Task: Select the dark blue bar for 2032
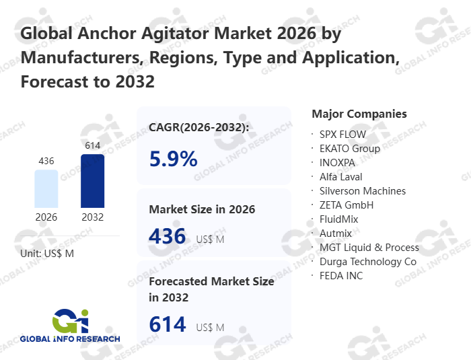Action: pyautogui.click(x=92, y=181)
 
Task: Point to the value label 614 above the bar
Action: pyautogui.click(x=92, y=145)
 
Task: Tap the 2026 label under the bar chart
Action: pyautogui.click(x=46, y=217)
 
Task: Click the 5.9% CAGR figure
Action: pyautogui.click(x=173, y=159)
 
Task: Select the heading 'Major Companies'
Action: pyautogui.click(x=359, y=114)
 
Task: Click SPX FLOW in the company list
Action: pyautogui.click(x=343, y=135)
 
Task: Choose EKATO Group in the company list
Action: pyautogui.click(x=350, y=149)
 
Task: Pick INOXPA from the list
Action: pyautogui.click(x=338, y=163)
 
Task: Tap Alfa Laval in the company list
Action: pyautogui.click(x=341, y=177)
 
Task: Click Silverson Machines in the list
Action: pyautogui.click(x=363, y=191)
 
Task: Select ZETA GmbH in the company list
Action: pyautogui.click(x=347, y=205)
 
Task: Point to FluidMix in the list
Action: pyautogui.click(x=339, y=219)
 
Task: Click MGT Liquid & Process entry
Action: pyautogui.click(x=369, y=248)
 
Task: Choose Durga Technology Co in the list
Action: pyautogui.click(x=368, y=262)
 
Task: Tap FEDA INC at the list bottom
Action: pyautogui.click(x=341, y=276)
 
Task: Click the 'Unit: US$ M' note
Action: pyautogui.click(x=47, y=253)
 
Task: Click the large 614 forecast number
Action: pyautogui.click(x=167, y=325)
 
